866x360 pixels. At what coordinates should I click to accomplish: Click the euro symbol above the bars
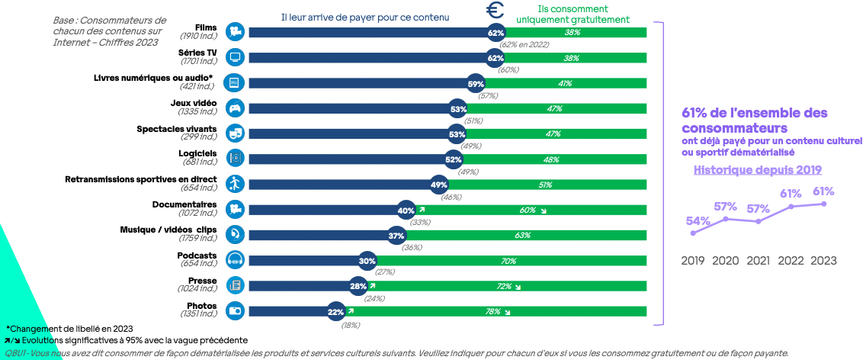tap(496, 11)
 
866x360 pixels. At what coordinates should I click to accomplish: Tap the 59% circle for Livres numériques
tap(476, 83)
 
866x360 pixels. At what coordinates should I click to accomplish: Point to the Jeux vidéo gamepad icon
tap(235, 108)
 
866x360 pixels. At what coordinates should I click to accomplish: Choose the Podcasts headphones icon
tap(235, 261)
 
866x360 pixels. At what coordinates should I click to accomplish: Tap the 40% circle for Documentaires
tap(406, 211)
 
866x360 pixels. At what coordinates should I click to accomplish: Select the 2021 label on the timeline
tap(759, 261)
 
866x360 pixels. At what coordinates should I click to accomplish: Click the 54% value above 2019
tap(698, 221)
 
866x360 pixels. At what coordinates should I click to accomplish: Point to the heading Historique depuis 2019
tap(757, 170)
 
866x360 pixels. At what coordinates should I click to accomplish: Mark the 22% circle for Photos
tap(336, 311)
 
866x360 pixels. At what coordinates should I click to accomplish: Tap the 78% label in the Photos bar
tap(493, 311)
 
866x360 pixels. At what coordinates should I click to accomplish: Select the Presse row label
tap(202, 281)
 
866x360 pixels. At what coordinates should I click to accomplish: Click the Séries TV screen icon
tap(235, 57)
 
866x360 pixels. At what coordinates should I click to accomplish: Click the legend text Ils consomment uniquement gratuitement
tap(578, 14)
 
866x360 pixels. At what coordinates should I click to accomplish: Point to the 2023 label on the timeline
tap(823, 261)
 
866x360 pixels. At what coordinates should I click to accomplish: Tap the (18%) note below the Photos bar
tap(351, 325)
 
